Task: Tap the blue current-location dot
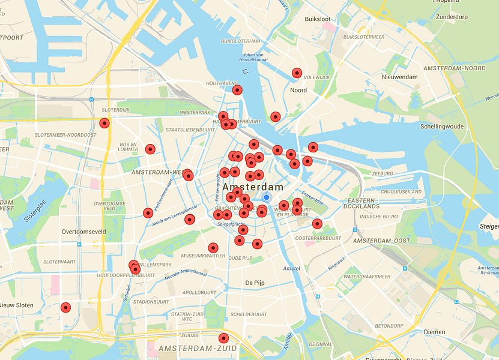tap(267, 197)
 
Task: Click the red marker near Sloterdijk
tap(104, 124)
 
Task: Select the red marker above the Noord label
tap(297, 73)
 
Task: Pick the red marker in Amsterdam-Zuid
tap(223, 338)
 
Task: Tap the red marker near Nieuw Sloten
tap(66, 307)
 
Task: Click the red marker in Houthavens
tap(237, 91)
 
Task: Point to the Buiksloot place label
tap(317, 19)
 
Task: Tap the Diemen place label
tap(434, 332)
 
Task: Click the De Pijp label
tap(255, 282)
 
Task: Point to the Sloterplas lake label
tap(34, 212)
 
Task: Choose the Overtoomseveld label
tap(83, 231)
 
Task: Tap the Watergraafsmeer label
tap(367, 277)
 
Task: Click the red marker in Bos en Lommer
tap(150, 149)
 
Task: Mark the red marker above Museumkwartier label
tap(213, 248)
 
